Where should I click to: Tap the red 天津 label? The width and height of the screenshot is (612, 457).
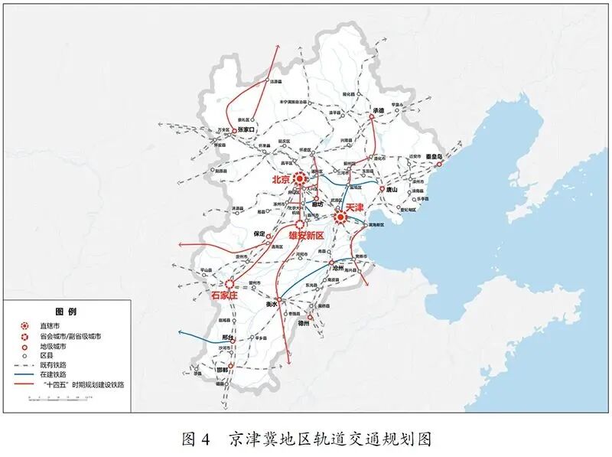pyautogui.click(x=354, y=207)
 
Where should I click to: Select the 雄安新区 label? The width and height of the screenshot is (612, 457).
pyautogui.click(x=307, y=236)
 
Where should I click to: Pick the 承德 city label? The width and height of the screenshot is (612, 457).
pyautogui.click(x=378, y=110)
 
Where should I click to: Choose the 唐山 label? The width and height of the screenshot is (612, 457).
pyautogui.click(x=392, y=190)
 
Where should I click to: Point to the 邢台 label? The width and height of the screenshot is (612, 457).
pyautogui.click(x=226, y=338)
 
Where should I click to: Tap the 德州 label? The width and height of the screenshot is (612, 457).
pyautogui.click(x=304, y=324)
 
